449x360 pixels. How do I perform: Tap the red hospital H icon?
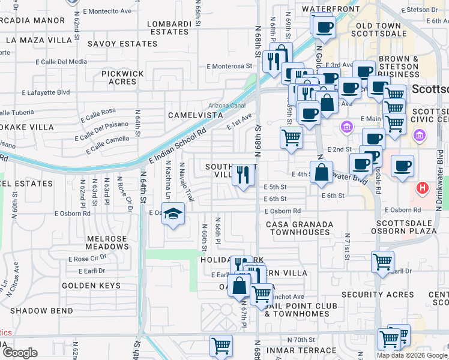point(423,188)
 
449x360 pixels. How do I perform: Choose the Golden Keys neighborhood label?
point(91,286)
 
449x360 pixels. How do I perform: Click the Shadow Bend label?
point(41,311)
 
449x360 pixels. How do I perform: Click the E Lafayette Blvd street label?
point(46,92)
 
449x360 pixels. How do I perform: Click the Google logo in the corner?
point(20,353)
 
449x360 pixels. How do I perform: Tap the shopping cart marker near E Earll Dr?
point(382,262)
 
